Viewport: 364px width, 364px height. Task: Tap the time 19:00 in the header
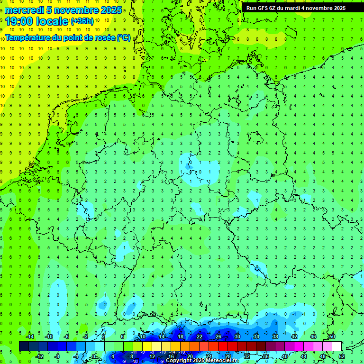pyautogui.click(x=19, y=22)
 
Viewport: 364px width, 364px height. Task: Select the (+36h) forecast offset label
pyautogui.click(x=82, y=21)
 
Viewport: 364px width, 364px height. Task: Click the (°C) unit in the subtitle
pyautogui.click(x=124, y=37)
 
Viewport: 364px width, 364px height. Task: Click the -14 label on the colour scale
pyautogui.click(x=29, y=336)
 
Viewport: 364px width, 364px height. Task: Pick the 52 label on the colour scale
pyautogui.click(x=342, y=356)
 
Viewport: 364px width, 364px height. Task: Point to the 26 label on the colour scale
pyautogui.click(x=218, y=336)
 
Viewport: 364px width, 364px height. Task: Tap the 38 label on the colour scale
pyautogui.click(x=275, y=336)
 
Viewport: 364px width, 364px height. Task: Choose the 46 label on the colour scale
pyautogui.click(x=313, y=336)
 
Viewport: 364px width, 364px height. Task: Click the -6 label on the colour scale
pyautogui.click(x=67, y=336)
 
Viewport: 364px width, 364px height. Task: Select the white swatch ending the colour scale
pyautogui.click(x=337, y=346)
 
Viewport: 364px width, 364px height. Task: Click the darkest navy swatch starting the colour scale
pyautogui.click(x=24, y=346)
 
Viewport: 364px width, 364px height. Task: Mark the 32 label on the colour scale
pyautogui.click(x=247, y=356)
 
